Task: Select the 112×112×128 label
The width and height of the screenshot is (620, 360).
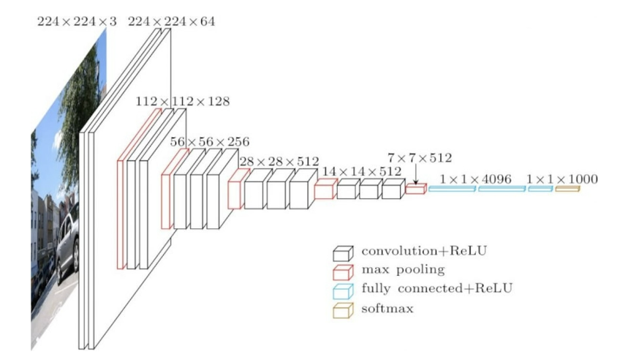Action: (182, 101)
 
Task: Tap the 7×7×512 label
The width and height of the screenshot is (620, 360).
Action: (420, 157)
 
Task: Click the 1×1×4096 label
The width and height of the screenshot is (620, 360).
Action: (475, 179)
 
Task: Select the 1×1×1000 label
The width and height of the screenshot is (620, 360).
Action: (562, 179)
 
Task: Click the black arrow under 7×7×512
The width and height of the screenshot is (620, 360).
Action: (415, 175)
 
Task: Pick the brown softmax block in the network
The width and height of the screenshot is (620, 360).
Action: (567, 190)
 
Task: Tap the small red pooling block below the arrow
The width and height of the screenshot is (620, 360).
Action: (415, 190)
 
